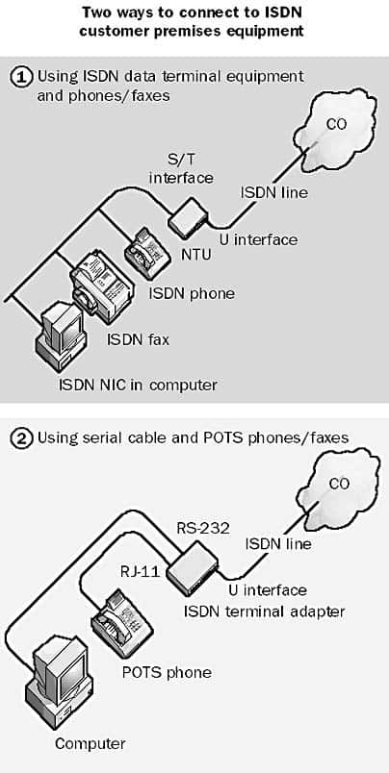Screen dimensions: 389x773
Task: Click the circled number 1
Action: click(21, 78)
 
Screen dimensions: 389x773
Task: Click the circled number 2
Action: click(21, 437)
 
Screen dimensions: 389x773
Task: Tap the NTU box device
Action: click(190, 217)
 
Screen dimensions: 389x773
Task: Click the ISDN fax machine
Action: click(100, 280)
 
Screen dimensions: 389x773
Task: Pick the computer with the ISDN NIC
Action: click(61, 337)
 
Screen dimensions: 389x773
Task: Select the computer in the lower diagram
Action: click(61, 685)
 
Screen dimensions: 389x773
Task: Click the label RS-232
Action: click(203, 529)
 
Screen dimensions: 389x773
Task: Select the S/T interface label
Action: click(181, 168)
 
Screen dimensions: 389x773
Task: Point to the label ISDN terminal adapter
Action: click(264, 611)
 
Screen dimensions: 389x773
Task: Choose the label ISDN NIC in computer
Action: click(138, 384)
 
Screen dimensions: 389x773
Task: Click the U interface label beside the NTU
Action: click(259, 239)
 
